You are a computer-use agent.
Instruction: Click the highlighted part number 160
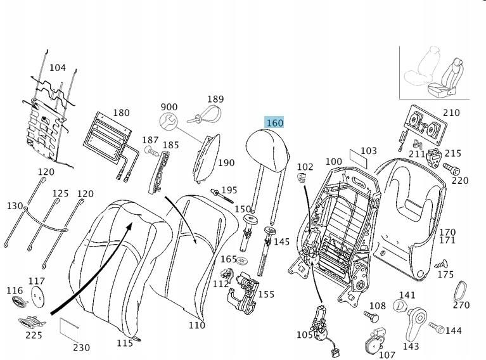point(274,122)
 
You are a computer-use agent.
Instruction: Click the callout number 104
point(57,68)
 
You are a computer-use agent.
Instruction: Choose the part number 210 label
point(451,113)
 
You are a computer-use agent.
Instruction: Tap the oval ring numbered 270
point(461,291)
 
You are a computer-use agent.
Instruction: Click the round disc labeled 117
point(39,296)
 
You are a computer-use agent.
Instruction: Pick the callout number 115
point(125,343)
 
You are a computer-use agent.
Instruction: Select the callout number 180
point(121,113)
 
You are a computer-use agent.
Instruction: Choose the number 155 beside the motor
point(266,294)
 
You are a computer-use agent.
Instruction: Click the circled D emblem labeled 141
point(400,305)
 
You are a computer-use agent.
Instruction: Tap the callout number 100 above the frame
point(333,162)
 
